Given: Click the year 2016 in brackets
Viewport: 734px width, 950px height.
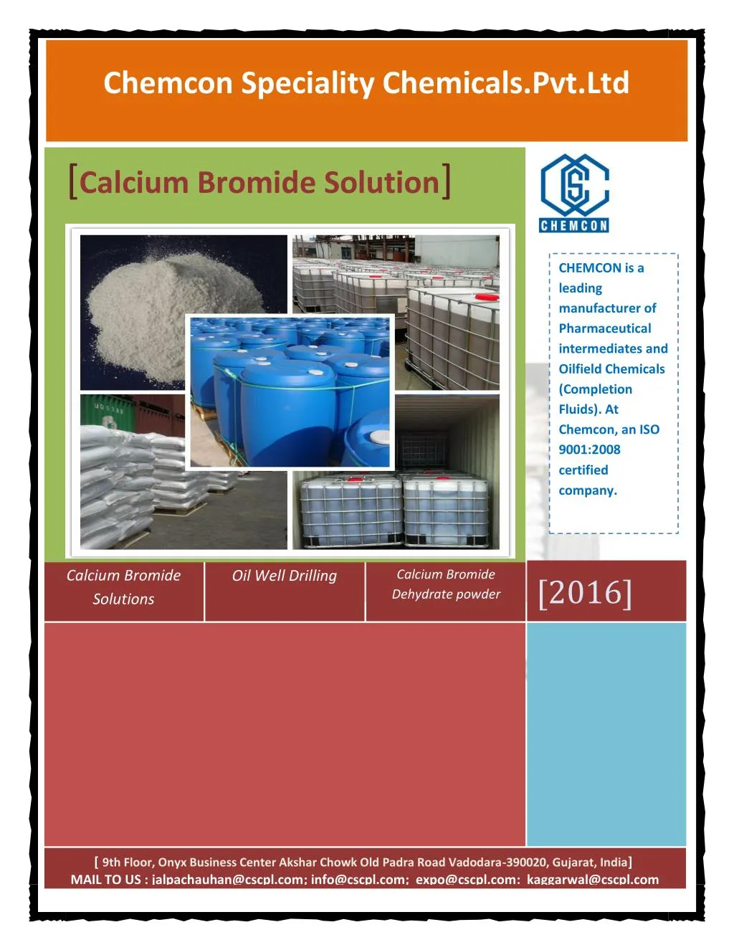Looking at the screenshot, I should click(585, 593).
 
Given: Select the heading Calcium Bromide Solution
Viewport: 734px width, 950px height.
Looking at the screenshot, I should click(259, 182).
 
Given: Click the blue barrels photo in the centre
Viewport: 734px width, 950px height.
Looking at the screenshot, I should click(290, 392).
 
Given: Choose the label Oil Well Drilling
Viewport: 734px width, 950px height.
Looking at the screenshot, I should click(284, 576).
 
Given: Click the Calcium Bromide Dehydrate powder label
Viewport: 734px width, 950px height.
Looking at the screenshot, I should click(446, 584).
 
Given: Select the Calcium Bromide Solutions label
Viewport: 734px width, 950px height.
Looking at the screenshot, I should click(123, 587).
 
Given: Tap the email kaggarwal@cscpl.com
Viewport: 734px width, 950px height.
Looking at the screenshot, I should click(593, 880).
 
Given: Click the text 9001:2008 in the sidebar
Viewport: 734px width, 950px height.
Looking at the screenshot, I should click(589, 450).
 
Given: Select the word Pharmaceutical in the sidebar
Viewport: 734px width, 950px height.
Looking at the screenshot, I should click(605, 328).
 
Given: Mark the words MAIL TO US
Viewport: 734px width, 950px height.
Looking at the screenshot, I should click(105, 880).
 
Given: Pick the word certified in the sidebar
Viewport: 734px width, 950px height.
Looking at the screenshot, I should click(583, 470).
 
